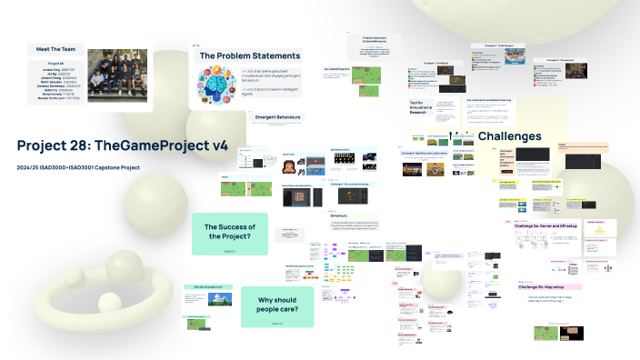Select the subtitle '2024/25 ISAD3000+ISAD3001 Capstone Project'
(x=78, y=167)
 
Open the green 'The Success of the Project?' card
(x=229, y=232)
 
